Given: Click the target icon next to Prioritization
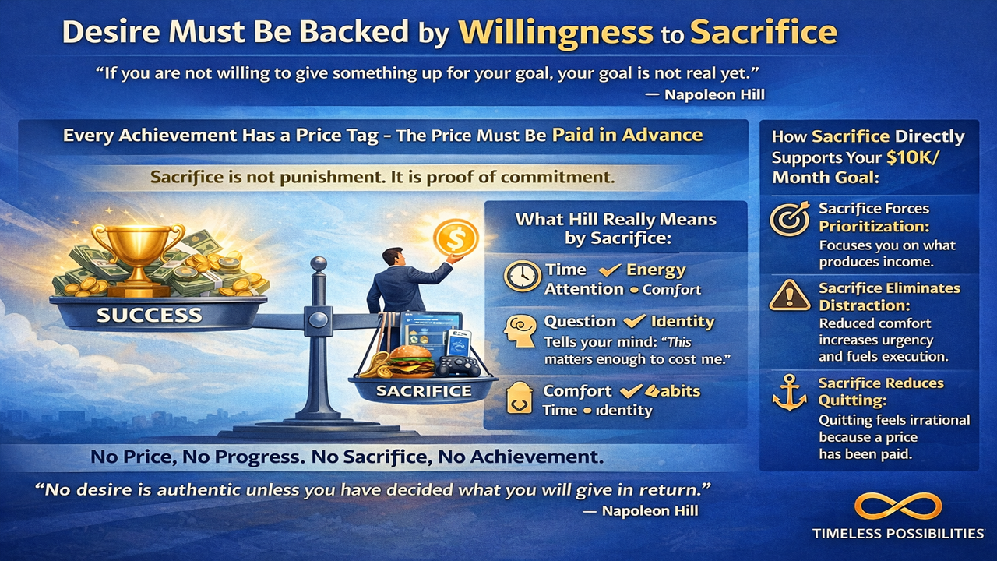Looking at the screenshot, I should click(x=788, y=220).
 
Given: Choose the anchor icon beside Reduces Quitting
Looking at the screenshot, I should click(x=787, y=392).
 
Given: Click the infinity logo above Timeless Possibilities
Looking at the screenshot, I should click(x=897, y=506).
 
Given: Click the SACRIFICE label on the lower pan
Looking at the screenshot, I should click(x=424, y=390).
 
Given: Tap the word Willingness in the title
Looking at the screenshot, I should click(x=555, y=33).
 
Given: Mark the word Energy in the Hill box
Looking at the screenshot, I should click(x=657, y=270).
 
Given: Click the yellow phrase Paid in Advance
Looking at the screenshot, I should click(x=627, y=135).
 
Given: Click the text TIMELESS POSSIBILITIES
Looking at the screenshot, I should click(x=897, y=534).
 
